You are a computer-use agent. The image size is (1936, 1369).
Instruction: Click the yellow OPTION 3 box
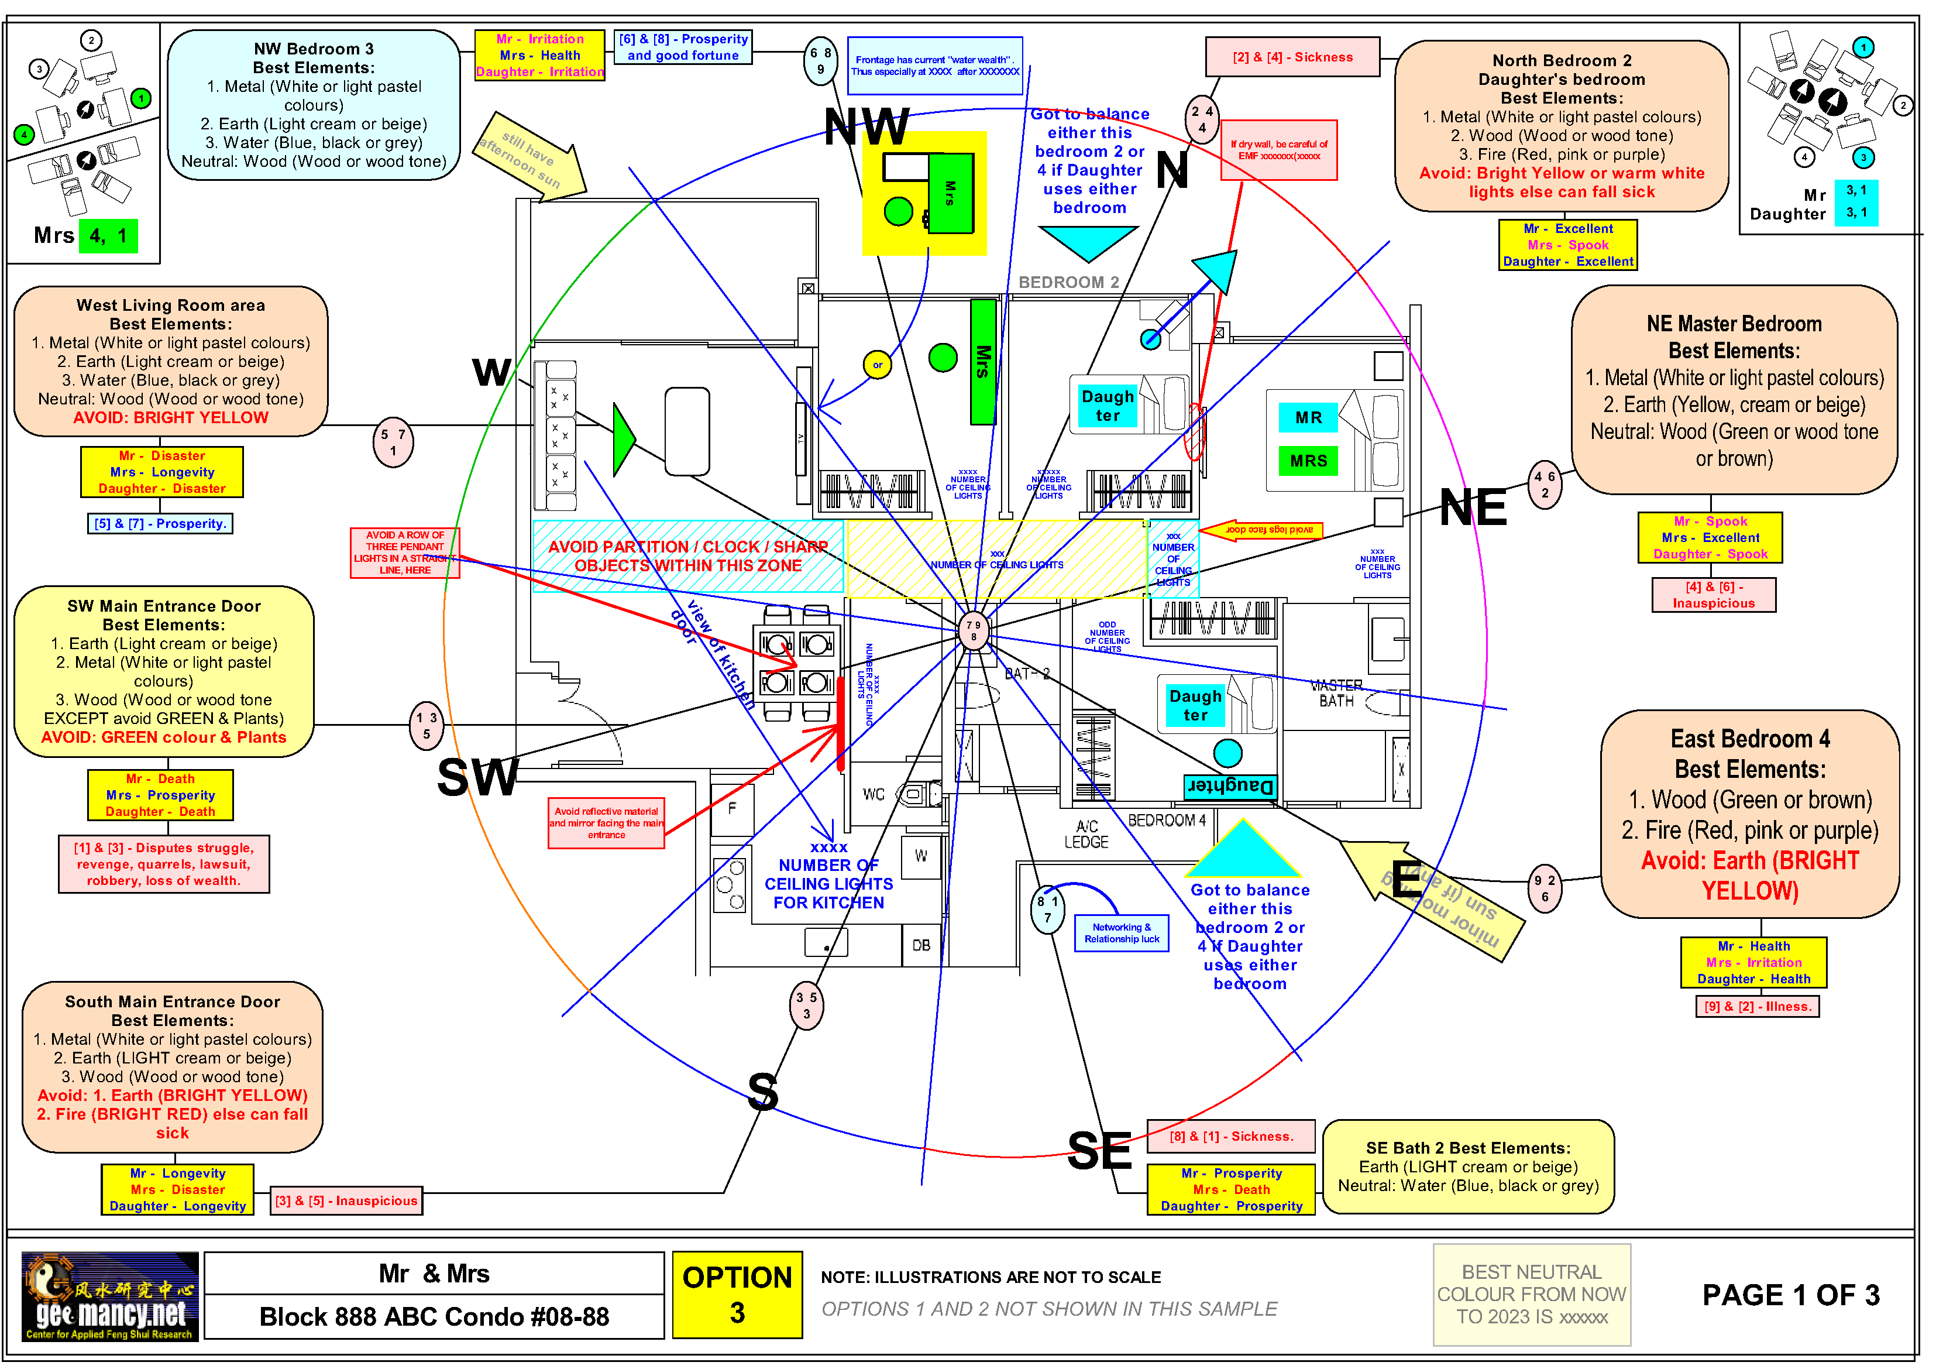pos(737,1294)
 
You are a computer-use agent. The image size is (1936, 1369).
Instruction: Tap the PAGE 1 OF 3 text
pos(1790,1295)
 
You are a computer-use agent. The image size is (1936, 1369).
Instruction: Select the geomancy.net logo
pos(109,1296)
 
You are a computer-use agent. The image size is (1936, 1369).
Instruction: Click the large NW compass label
pos(866,128)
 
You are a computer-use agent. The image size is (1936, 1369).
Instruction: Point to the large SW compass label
pos(477,777)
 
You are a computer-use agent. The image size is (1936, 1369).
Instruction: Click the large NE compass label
pos(1472,508)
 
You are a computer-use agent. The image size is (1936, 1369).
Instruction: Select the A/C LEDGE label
pos(1086,834)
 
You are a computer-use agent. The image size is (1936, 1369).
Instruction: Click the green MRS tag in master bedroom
pos(1308,461)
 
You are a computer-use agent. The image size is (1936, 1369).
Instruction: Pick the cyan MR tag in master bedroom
pos(1308,417)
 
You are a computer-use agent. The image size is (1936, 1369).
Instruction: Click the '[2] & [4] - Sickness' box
pos(1292,57)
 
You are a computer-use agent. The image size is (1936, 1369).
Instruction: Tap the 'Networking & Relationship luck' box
pos(1122,933)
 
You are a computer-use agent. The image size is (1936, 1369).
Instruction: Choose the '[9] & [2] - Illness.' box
pos(1757,1006)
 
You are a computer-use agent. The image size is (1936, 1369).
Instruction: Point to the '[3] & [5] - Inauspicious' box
pos(346,1200)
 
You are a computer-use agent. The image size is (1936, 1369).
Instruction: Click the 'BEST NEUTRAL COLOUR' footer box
pos(1531,1295)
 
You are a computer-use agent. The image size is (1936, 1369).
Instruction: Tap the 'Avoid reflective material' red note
pos(606,822)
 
